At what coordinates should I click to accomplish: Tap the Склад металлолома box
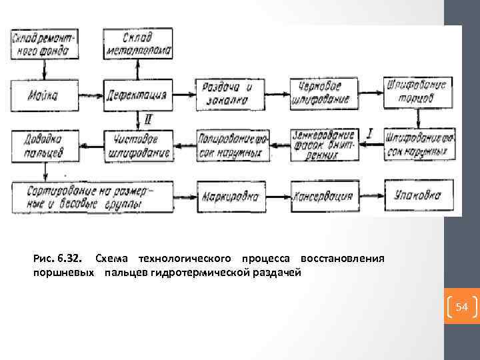(138, 43)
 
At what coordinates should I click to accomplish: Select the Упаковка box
(418, 196)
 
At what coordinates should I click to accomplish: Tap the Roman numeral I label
(370, 133)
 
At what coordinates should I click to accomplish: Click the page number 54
(462, 307)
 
